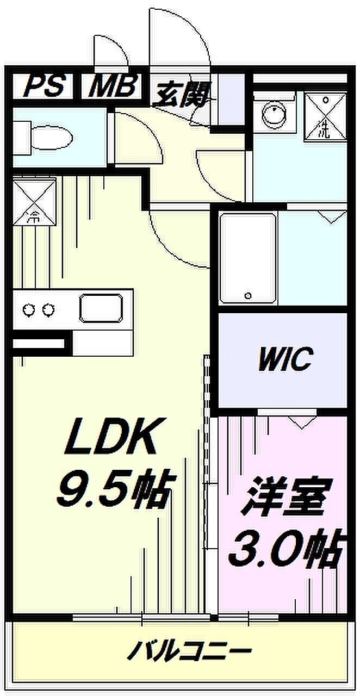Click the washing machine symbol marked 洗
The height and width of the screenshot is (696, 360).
click(325, 116)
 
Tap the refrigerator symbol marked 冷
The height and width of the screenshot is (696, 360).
click(34, 201)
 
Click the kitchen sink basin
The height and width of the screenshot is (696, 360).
click(101, 308)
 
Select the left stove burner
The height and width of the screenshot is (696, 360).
click(29, 310)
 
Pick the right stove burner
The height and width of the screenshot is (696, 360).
click(47, 310)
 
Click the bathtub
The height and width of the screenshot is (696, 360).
click(248, 257)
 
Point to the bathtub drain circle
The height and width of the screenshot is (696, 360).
click(248, 295)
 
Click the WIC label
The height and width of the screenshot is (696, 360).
click(285, 360)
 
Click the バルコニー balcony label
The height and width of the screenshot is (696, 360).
click(190, 650)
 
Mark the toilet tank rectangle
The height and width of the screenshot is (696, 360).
click(22, 138)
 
